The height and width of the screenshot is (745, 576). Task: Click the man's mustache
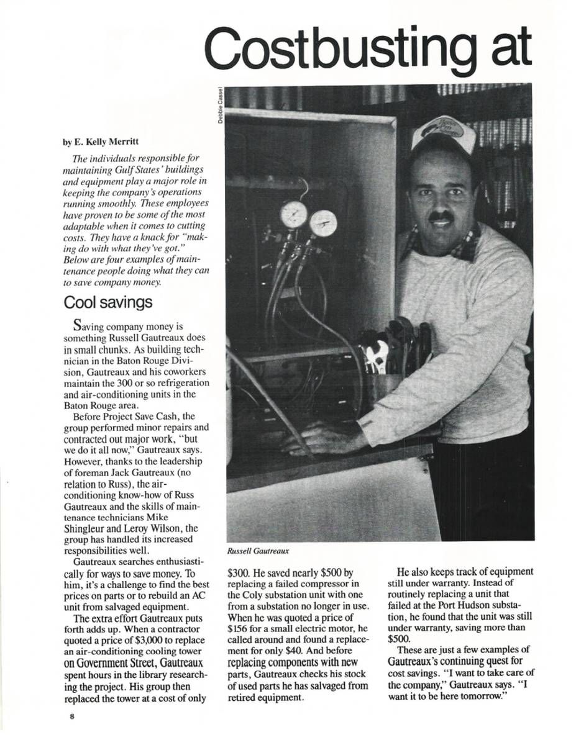[x=441, y=217]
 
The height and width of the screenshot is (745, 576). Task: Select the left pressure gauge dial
[x=294, y=215]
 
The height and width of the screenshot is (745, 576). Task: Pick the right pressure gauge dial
[x=323, y=223]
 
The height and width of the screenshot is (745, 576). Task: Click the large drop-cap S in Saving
[x=78, y=323]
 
